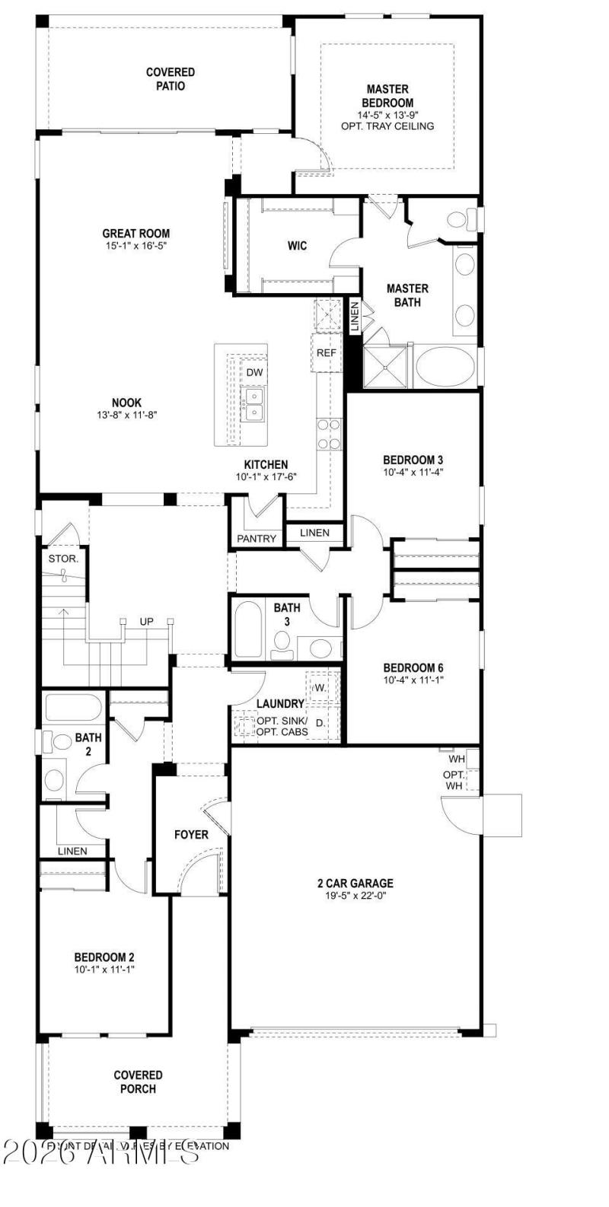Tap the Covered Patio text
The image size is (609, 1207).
pos(171,79)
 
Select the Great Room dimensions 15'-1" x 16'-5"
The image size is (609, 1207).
pos(136,247)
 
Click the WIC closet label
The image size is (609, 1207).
pos(297,246)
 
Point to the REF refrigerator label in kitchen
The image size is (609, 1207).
pos(327,353)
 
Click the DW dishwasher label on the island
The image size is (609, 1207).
pos(253,372)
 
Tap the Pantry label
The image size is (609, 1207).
pos(257,538)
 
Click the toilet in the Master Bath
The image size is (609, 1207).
pos(458,220)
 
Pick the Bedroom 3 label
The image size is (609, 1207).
pos(413,460)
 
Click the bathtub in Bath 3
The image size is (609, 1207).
pos(249,629)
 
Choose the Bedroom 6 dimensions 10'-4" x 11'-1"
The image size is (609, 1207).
pos(413,680)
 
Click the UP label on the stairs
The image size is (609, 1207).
pos(146,622)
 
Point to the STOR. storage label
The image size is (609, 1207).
pos(63,559)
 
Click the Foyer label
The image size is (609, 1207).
pos(191,835)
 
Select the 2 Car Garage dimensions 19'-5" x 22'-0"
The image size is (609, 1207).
pos(355,896)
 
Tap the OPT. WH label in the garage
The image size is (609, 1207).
pos(454,779)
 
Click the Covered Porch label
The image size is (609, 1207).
pos(139,1082)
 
